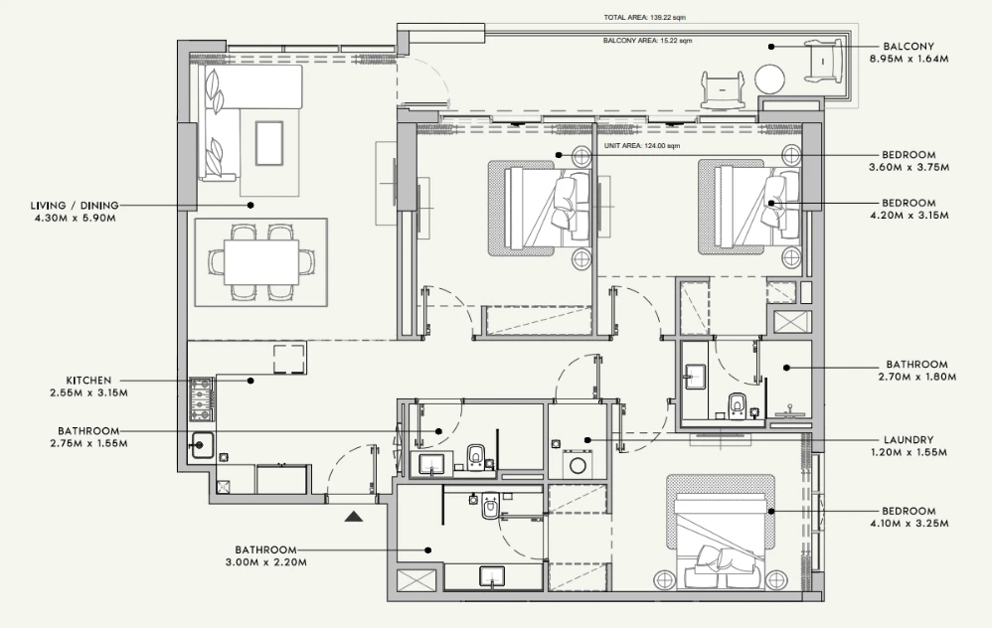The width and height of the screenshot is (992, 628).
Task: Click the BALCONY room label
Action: tap(909, 46)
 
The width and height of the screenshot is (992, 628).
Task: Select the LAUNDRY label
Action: tap(909, 439)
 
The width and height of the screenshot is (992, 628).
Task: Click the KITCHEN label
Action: tap(88, 381)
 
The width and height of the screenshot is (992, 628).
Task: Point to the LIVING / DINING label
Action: tap(75, 206)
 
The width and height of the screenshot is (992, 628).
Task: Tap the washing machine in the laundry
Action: tap(577, 464)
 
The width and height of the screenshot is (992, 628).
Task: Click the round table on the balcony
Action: tap(770, 80)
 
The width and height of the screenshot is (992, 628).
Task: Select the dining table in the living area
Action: tap(262, 262)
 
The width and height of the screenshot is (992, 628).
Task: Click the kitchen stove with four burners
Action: tap(202, 399)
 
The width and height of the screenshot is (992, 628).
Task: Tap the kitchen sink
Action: tap(202, 445)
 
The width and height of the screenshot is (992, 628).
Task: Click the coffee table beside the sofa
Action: tap(269, 142)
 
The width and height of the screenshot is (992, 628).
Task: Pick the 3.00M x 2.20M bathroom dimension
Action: tap(266, 562)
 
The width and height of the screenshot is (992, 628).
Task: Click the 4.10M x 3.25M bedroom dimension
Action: tap(909, 523)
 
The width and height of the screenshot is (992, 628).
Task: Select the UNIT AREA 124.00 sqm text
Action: tap(641, 146)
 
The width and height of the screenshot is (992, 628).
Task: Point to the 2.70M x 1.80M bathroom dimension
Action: tap(916, 377)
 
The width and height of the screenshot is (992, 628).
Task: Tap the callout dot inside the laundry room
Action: tap(587, 439)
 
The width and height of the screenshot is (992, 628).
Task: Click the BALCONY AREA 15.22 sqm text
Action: tap(647, 41)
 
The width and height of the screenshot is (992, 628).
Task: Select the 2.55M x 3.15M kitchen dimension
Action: tap(88, 392)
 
